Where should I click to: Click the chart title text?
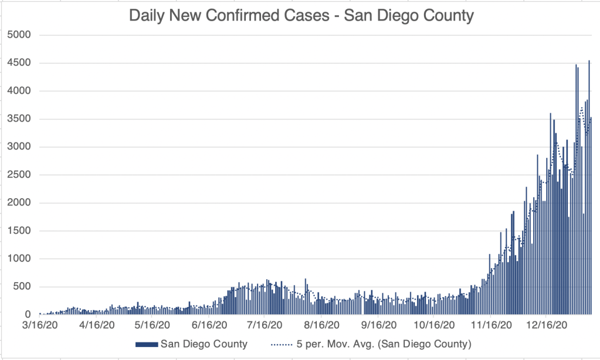[301, 15]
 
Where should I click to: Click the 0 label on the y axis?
[27, 315]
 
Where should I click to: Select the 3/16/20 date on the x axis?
[40, 324]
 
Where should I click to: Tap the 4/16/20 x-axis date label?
[97, 324]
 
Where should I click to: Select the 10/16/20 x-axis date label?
[433, 324]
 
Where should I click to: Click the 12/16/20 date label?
[546, 324]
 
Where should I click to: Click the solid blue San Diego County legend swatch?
[146, 344]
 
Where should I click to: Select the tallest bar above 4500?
[589, 188]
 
